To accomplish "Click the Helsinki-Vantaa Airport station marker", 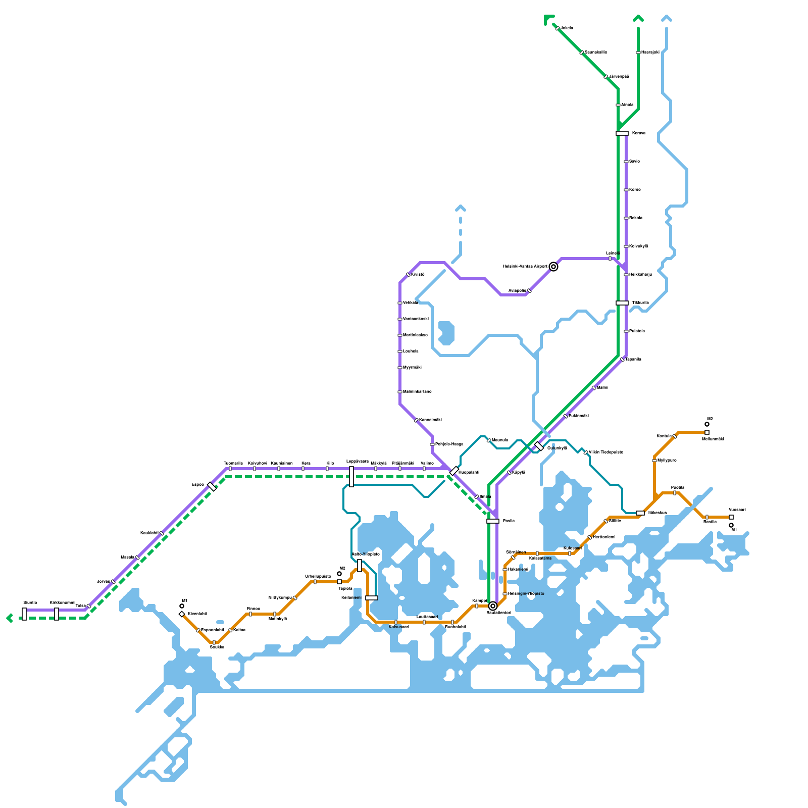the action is [x=553, y=267].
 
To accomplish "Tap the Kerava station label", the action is [x=638, y=133].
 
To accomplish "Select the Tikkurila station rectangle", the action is [x=622, y=303].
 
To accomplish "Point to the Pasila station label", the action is [x=509, y=521].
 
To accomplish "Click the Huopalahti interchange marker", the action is [x=454, y=471].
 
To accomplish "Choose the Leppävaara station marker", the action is [x=351, y=477].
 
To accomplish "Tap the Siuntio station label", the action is [x=30, y=602].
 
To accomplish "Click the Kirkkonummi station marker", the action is [x=57, y=614].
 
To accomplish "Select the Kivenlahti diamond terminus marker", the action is [x=182, y=614].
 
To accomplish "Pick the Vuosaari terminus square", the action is [x=731, y=517].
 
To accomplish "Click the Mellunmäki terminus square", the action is [x=707, y=432].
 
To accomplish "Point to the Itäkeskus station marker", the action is [x=640, y=513].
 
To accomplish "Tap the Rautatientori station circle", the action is [x=493, y=606].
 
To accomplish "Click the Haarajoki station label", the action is [x=650, y=53].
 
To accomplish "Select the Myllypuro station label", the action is [x=667, y=461].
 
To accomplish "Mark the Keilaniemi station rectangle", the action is [x=372, y=598].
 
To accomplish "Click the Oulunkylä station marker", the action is [x=539, y=446].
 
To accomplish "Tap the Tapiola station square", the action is [x=339, y=582].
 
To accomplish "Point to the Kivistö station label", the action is [x=418, y=274].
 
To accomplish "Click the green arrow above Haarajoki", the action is [x=638, y=19].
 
